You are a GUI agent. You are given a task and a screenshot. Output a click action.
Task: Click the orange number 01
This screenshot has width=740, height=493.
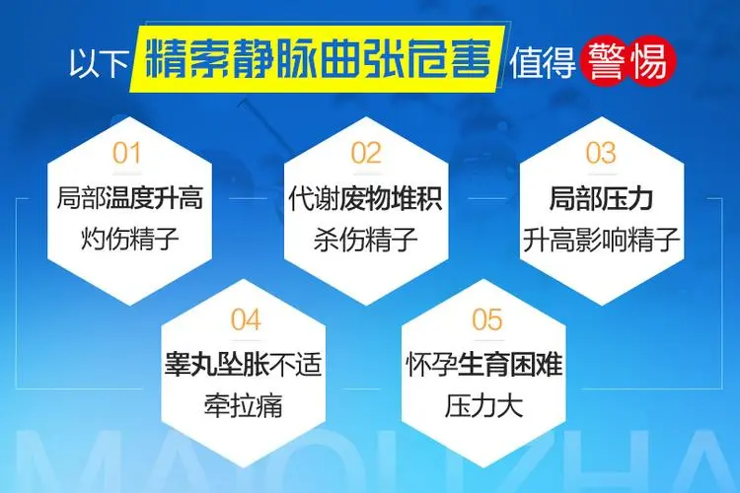click(127, 154)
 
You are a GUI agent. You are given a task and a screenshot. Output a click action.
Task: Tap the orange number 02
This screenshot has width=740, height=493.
click(366, 154)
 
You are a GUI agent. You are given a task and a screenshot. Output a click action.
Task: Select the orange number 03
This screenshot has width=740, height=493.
click(601, 154)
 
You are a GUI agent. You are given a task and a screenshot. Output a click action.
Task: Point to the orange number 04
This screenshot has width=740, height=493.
click(246, 319)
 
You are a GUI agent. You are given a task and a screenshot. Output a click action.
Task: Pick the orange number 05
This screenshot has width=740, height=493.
click(487, 319)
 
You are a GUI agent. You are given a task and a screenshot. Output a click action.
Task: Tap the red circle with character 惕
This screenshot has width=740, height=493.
click(651, 61)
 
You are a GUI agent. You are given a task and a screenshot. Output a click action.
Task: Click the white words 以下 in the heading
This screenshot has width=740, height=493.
click(99, 62)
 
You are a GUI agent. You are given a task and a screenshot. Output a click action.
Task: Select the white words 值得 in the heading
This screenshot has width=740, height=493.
click(543, 62)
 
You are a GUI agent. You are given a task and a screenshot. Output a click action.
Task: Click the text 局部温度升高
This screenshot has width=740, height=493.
click(130, 198)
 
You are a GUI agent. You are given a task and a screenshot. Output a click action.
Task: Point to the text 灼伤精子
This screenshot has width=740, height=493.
click(130, 239)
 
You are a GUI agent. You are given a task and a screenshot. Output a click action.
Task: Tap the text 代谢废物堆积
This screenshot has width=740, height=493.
click(366, 198)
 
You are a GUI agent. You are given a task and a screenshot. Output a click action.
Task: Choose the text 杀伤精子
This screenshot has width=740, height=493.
click(366, 239)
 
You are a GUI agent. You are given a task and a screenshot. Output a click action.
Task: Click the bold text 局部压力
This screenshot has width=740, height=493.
click(601, 198)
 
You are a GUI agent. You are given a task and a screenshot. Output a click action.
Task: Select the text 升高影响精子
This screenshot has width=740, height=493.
click(601, 240)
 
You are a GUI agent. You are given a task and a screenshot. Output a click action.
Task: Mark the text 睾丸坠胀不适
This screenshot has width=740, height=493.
click(243, 365)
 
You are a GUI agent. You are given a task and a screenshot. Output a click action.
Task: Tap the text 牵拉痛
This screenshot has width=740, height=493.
click(244, 405)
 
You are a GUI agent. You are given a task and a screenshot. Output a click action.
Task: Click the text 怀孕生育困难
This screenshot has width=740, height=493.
click(484, 365)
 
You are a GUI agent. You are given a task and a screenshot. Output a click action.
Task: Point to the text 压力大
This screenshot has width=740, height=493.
click(484, 405)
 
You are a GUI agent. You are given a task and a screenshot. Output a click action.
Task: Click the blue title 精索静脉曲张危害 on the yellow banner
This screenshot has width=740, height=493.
click(317, 59)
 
